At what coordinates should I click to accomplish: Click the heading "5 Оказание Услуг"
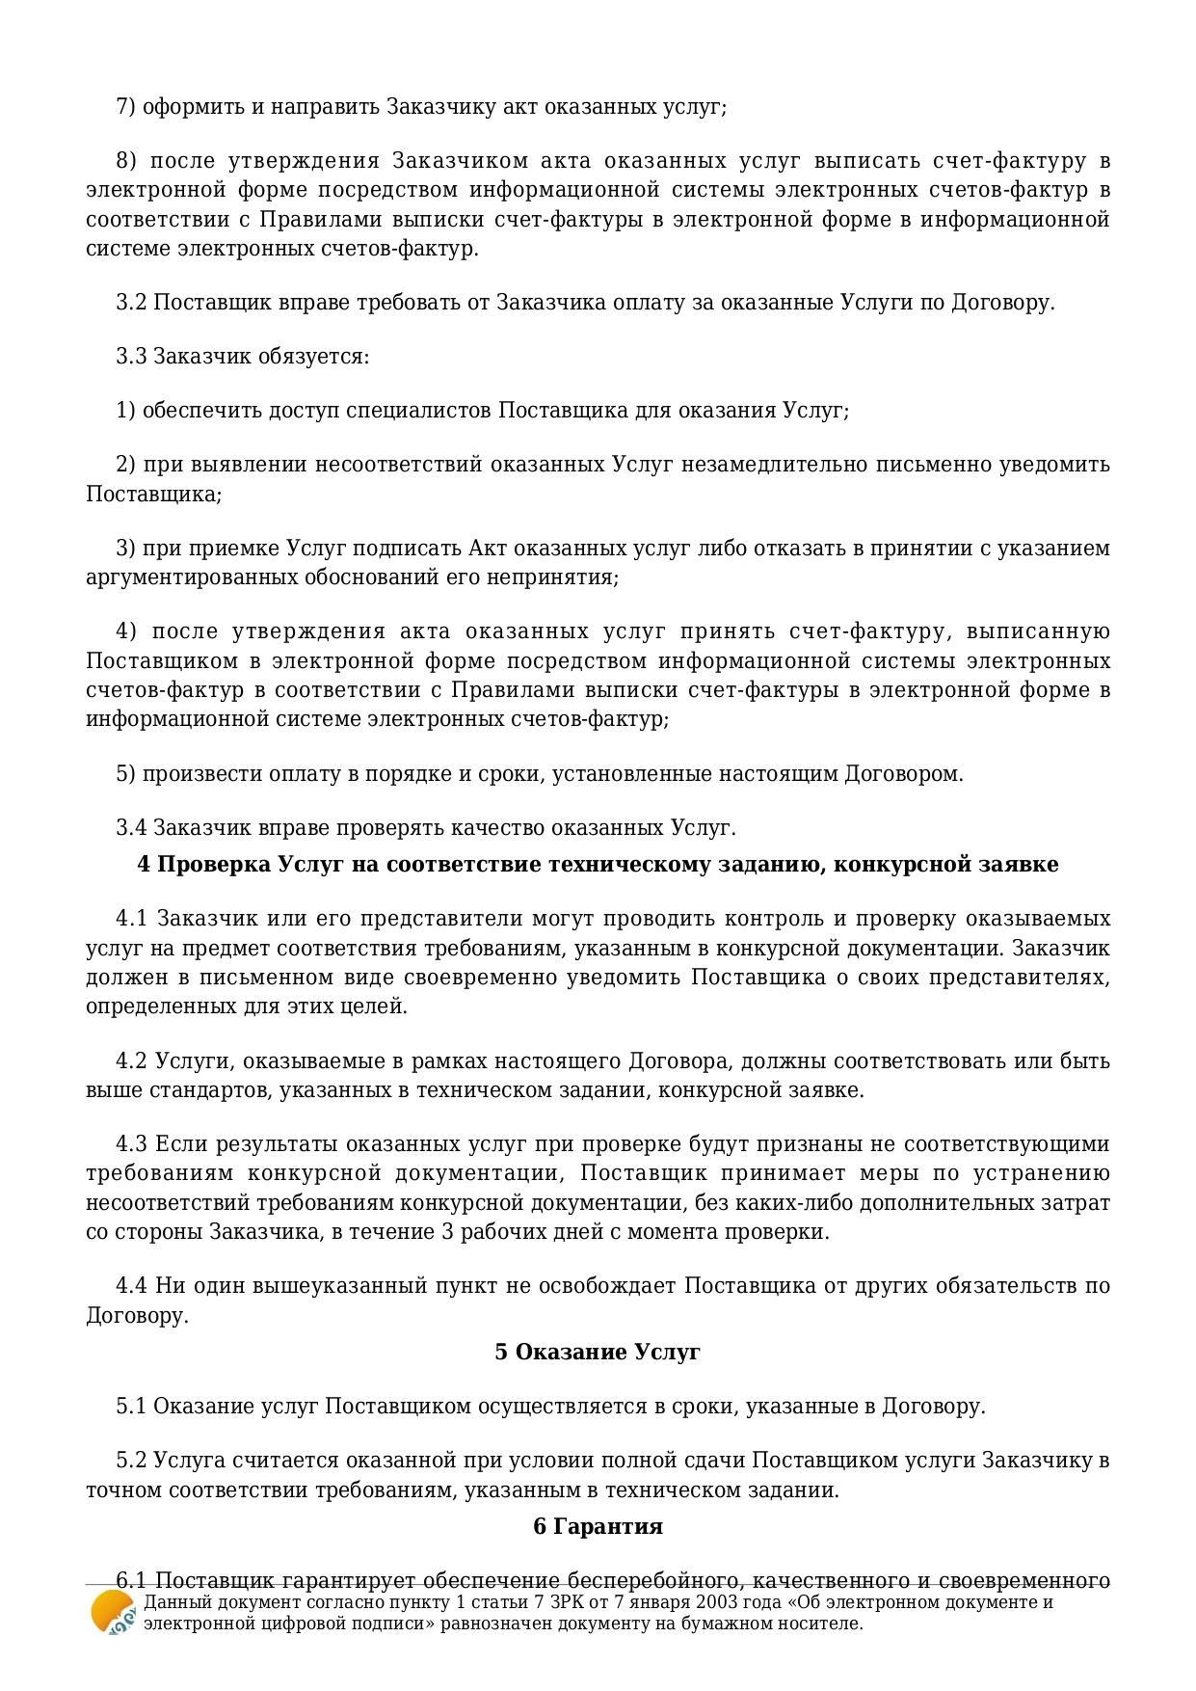(x=597, y=1352)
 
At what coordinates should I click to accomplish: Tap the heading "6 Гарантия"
(x=598, y=1526)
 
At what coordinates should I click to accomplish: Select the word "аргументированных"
(x=184, y=577)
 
